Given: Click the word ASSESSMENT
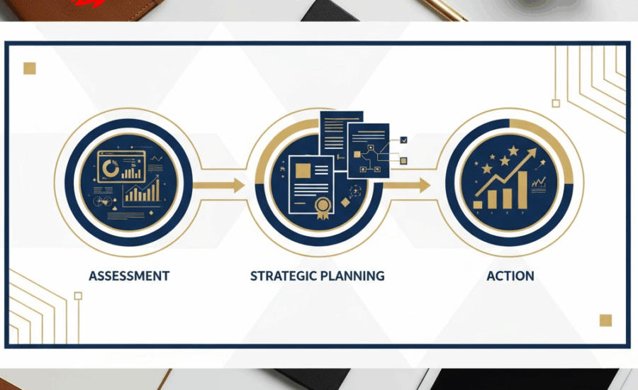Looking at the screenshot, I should pos(129,275).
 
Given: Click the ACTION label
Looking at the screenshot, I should pos(510,275).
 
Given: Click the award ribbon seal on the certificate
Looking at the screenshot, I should pos(324,208).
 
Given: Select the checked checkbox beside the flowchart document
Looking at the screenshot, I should pos(403,141).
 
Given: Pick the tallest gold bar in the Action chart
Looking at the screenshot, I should pos(522,189).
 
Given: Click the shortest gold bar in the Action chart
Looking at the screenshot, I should pos(478,204).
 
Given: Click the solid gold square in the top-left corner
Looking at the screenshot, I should pos(30,68).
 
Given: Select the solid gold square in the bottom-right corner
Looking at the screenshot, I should pos(605,320).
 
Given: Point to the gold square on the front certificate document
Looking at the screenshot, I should pos(303,170).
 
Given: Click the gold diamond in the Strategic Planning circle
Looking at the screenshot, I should pos(345,203).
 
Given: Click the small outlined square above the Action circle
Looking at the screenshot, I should pos(556,104).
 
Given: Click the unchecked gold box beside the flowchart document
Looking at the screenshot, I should pos(403,161).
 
